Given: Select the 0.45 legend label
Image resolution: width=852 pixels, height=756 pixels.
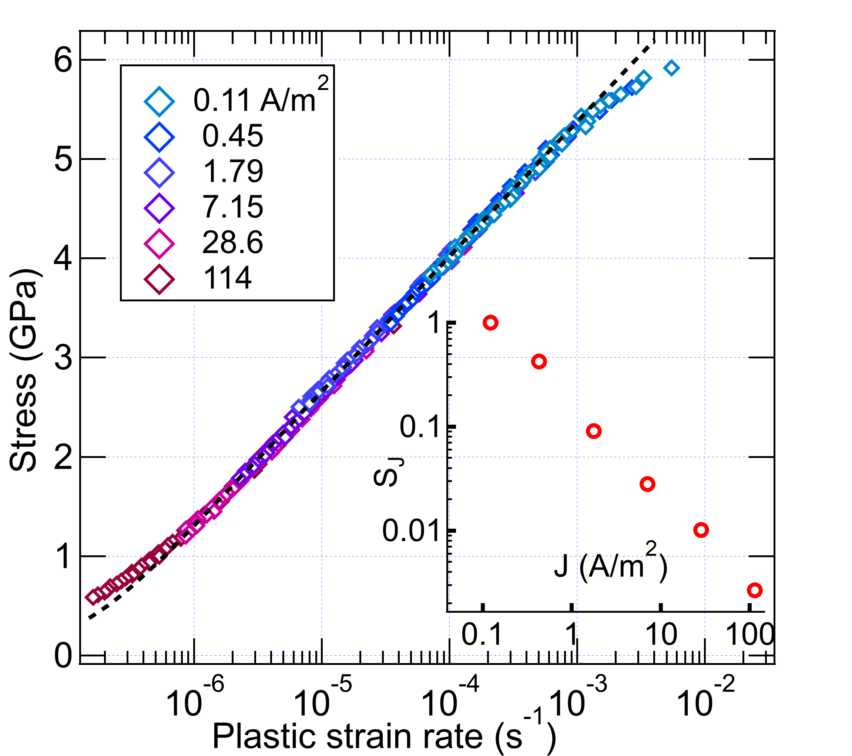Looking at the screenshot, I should coord(232,136).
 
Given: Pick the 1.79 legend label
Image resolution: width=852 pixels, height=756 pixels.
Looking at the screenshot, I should coord(232,171).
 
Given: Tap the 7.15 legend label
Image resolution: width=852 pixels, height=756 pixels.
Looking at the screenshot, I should coord(232,207).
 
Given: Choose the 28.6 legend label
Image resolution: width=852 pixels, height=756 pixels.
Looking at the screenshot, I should coord(232,242).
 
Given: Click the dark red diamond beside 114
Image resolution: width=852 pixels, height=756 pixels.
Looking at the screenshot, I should coord(159,278).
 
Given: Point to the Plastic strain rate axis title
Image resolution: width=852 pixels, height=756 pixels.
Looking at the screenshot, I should coord(383,736).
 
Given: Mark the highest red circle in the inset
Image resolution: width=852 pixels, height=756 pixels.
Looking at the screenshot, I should coord(491,323).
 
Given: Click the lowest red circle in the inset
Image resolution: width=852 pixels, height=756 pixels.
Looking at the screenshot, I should coord(754,590).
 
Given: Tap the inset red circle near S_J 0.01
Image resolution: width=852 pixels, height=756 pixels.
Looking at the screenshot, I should coord(701,530).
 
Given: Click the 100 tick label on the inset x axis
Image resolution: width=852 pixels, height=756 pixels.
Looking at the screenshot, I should coord(749,635).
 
